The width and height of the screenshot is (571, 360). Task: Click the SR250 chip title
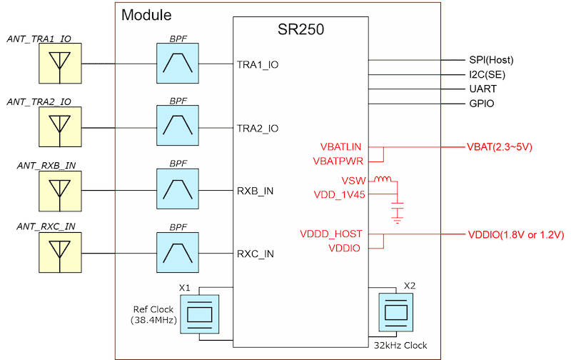point(301,30)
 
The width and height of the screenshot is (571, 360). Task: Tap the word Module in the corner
point(146,15)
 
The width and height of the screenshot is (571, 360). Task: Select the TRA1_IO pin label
point(258,64)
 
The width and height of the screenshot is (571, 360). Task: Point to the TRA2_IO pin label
point(258,128)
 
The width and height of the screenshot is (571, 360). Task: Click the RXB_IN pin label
point(256,191)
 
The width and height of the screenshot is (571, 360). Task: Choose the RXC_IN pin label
point(256,254)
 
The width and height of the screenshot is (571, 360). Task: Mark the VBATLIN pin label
point(341,147)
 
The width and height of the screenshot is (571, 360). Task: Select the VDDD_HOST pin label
point(331,234)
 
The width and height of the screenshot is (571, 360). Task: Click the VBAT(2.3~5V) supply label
point(500,147)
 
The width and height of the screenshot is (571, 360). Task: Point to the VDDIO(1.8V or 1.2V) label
point(516,234)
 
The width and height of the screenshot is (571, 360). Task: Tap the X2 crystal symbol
point(395,311)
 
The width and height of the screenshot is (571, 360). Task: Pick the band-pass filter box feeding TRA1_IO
point(178,64)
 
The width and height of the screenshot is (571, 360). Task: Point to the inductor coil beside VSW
point(383,180)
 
